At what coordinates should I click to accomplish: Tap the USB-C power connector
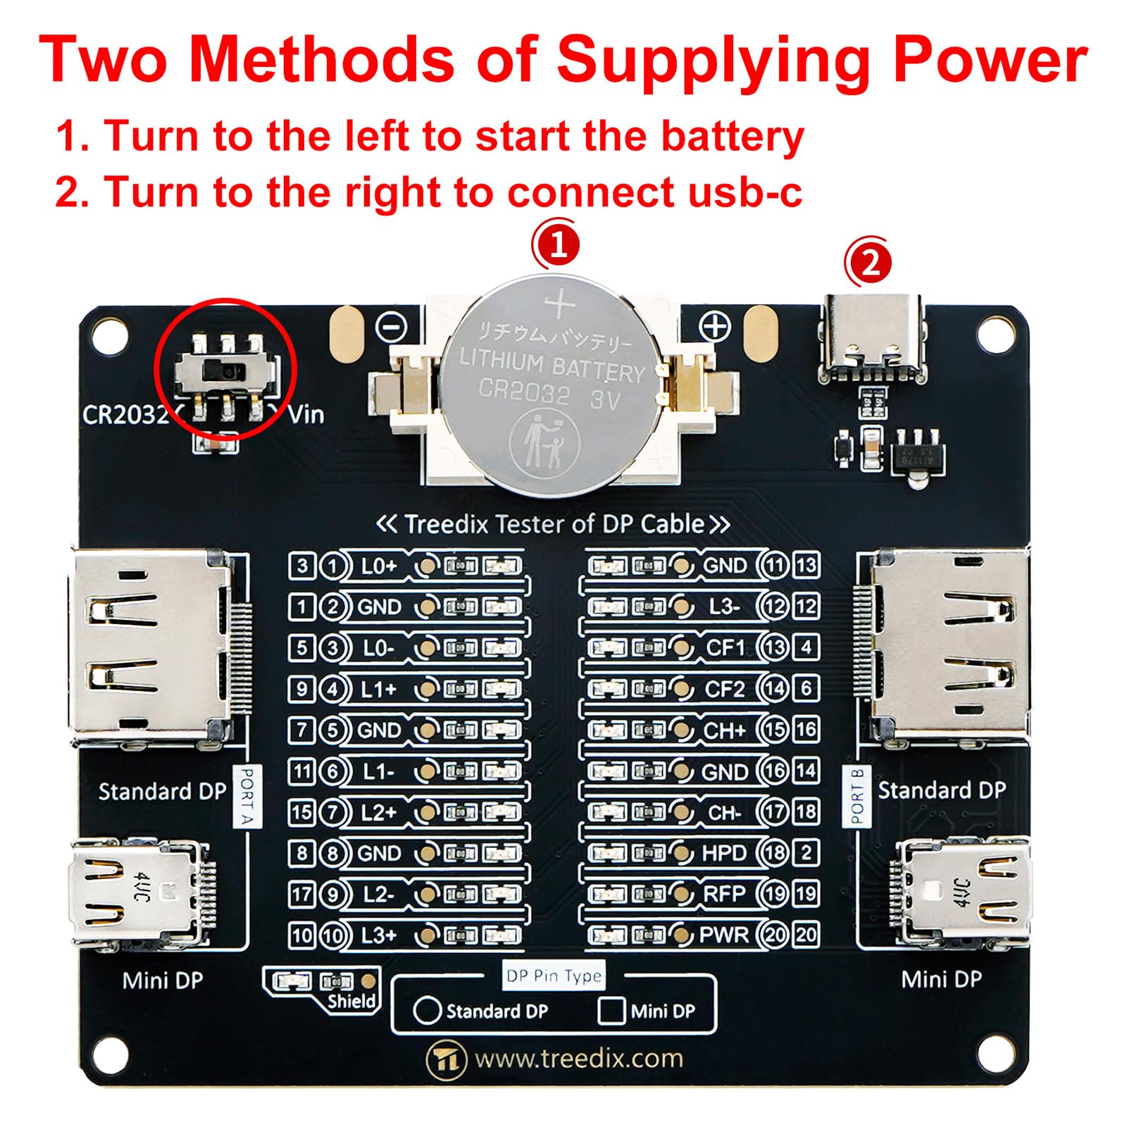(872, 338)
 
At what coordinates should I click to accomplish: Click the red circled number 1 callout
(556, 246)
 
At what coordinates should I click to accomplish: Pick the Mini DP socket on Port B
(961, 891)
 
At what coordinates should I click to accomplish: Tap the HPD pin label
(723, 853)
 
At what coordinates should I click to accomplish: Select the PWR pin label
(724, 935)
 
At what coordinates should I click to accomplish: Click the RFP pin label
(724, 894)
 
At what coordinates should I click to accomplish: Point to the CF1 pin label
(725, 647)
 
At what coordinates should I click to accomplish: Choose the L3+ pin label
(379, 935)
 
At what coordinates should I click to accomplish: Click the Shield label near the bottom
(351, 1001)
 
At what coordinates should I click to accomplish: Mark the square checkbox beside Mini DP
(611, 1011)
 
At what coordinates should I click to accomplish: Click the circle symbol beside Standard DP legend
(427, 1011)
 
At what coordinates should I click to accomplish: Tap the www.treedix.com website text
(578, 1059)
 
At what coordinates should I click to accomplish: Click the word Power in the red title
(990, 60)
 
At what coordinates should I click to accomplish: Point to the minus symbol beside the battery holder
(392, 327)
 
